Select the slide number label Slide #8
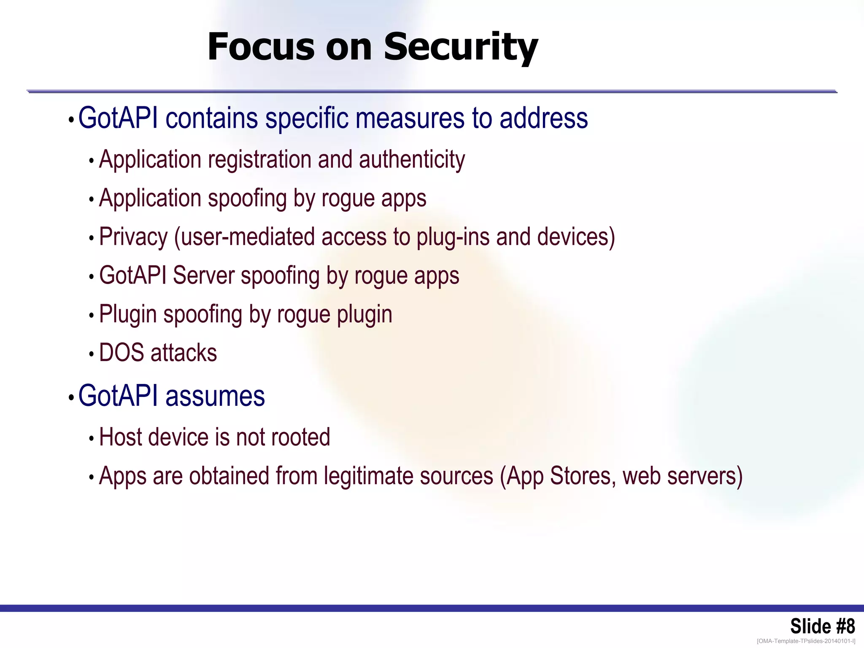[x=822, y=626]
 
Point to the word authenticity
[x=412, y=160]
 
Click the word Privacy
[x=133, y=237]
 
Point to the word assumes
[x=215, y=396]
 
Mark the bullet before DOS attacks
[x=91, y=354]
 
